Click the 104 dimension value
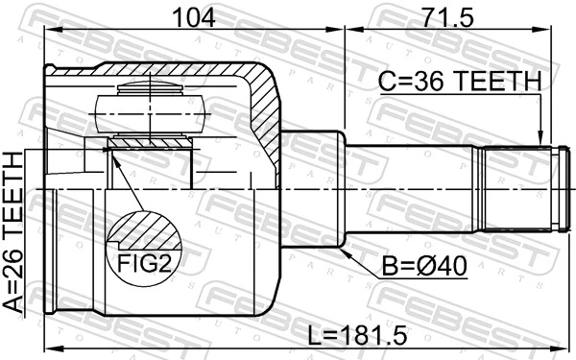coord(196,16)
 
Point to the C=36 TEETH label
coord(458,83)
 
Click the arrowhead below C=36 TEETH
coord(542,140)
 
